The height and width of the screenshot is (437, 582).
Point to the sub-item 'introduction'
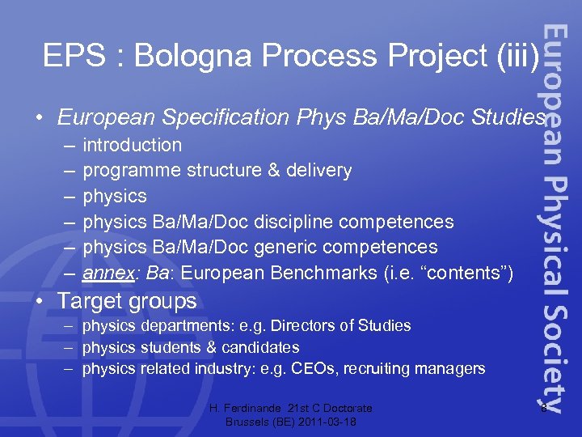[132, 146]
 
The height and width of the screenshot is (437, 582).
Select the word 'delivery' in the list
[319, 171]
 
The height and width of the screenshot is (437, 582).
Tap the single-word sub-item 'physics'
[115, 197]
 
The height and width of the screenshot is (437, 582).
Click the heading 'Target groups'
[126, 301]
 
